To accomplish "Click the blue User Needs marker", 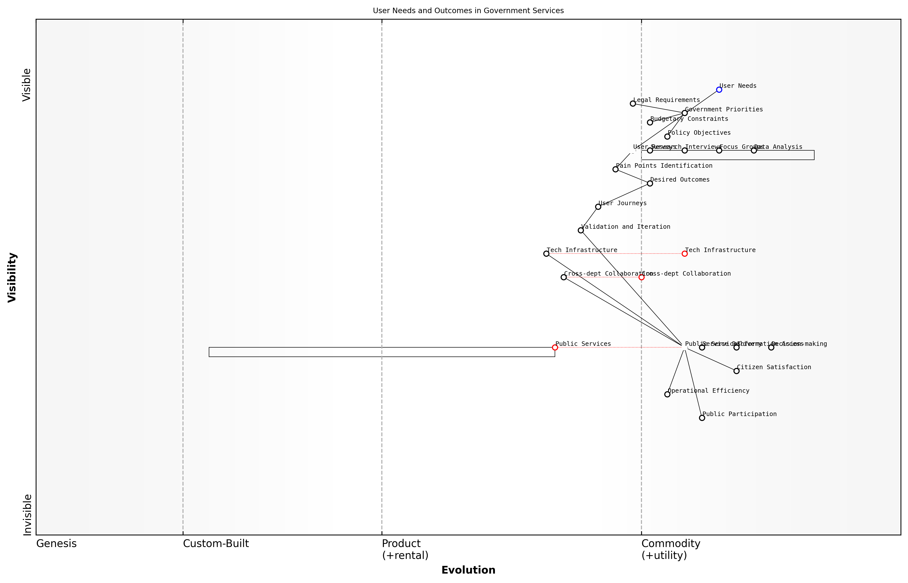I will (x=719, y=90).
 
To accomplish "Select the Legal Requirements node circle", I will (x=633, y=103).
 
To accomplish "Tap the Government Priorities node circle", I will (x=684, y=113).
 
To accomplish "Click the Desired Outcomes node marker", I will (x=650, y=183).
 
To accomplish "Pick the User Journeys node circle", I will (x=598, y=207).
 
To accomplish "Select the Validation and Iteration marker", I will (x=580, y=230).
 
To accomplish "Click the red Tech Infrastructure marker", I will (x=684, y=254).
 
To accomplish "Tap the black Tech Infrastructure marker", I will (x=546, y=254).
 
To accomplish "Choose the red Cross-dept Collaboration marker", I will (x=641, y=277).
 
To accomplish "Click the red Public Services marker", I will (x=555, y=347).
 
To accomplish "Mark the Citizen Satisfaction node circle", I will (x=736, y=371).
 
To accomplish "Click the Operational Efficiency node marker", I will (x=667, y=394).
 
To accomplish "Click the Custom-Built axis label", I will (x=216, y=544).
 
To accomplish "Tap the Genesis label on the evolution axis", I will (x=56, y=544).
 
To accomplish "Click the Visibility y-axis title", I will (x=12, y=277).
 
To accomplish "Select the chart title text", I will (x=468, y=11).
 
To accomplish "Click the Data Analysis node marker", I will (x=754, y=150).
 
